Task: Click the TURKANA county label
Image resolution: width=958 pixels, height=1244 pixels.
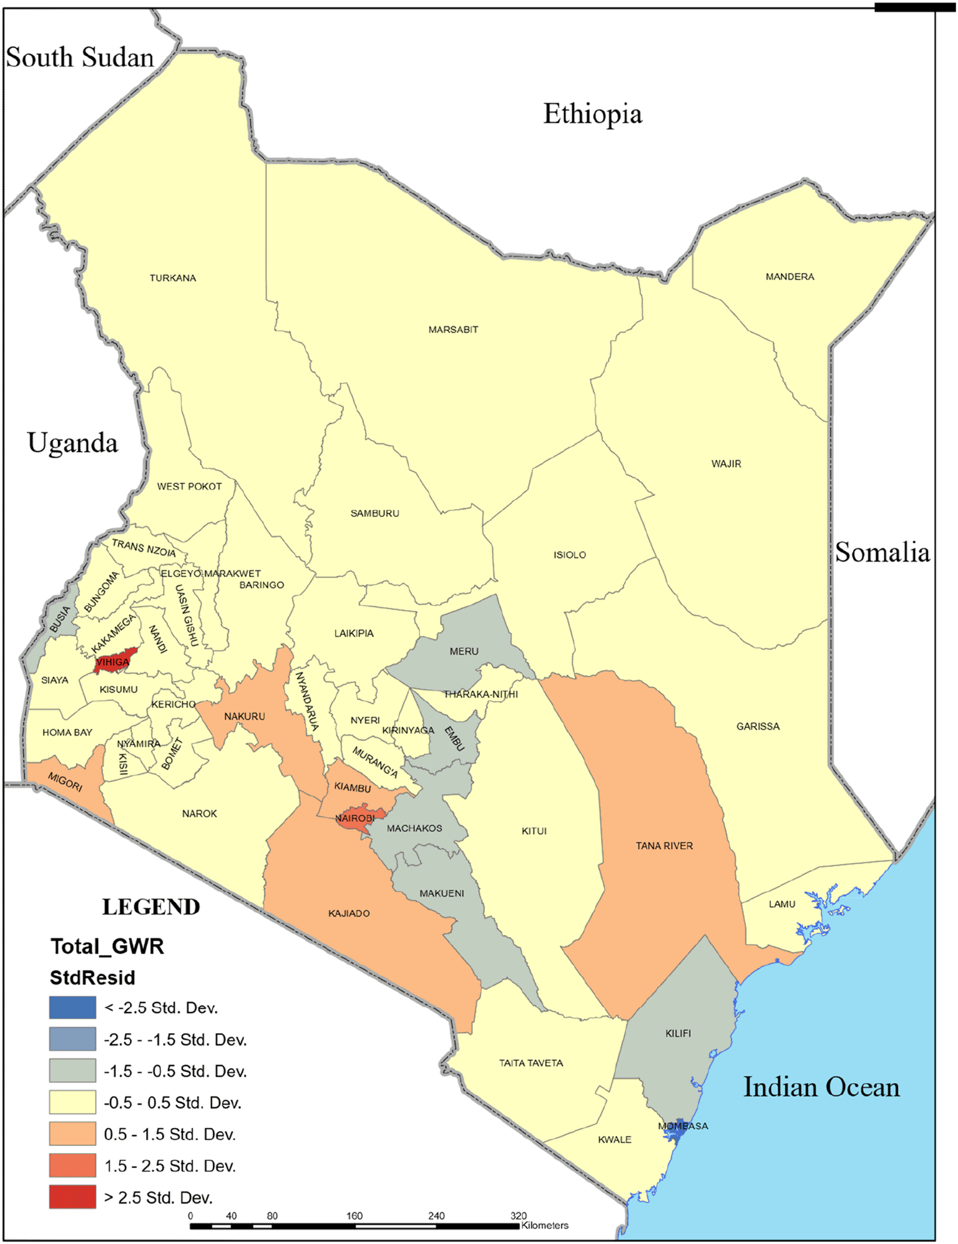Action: point(173,278)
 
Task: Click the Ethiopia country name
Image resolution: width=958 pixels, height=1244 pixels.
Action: point(592,114)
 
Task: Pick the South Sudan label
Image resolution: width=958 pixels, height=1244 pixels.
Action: point(80,57)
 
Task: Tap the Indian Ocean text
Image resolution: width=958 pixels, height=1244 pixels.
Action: point(821,1087)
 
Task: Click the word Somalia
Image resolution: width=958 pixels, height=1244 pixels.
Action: point(882,553)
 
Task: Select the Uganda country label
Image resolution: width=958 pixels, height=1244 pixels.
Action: point(72,443)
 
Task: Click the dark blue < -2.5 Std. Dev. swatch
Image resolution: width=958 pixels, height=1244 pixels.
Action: point(72,1008)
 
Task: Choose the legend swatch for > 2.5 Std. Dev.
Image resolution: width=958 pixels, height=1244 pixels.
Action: point(72,1197)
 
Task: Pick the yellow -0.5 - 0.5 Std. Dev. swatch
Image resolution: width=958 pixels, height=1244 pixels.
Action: point(72,1102)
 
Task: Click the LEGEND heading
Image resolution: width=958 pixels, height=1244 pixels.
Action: point(151,907)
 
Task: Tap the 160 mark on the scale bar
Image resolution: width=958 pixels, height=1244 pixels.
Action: point(354,1216)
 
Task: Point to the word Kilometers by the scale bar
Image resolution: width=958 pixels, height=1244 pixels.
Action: point(545,1225)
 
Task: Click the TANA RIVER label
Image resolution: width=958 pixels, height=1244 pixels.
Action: point(664,846)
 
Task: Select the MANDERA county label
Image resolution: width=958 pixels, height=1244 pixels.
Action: point(789,276)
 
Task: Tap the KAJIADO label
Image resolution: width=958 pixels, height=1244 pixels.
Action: point(349,913)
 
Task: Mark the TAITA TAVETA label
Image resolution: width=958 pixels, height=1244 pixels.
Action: point(530,1063)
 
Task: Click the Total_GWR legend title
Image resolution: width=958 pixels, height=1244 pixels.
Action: point(107,946)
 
